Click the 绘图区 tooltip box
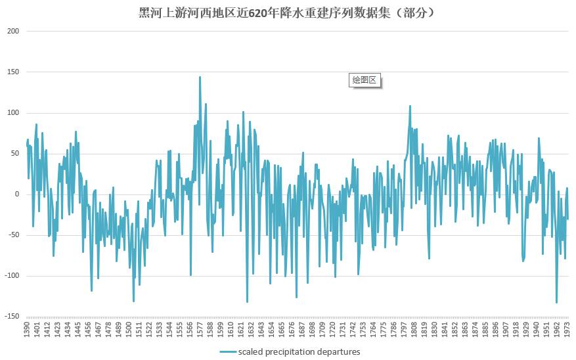pyautogui.click(x=365, y=80)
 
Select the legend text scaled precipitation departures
pyautogui.click(x=299, y=351)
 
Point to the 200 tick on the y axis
pyautogui.click(x=13, y=32)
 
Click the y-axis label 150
pyautogui.click(x=13, y=72)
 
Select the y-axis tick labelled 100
pyautogui.click(x=13, y=113)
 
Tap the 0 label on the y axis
pyautogui.click(x=17, y=194)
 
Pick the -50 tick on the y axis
pyautogui.click(x=12, y=235)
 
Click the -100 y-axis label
pyautogui.click(x=11, y=276)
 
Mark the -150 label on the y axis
pyautogui.click(x=11, y=317)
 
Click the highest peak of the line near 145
pyautogui.click(x=200, y=77)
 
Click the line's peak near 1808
pyautogui.click(x=410, y=106)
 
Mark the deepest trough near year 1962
pyautogui.click(x=556, y=302)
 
